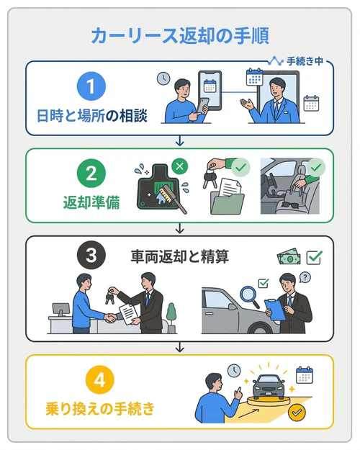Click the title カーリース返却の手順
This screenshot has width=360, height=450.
pos(180,35)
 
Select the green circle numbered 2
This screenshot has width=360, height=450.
pos(91,173)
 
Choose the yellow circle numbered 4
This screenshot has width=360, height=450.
pos(91,379)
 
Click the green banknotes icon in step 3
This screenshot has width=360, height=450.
pos(288,257)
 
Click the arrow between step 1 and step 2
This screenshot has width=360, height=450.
pos(180,141)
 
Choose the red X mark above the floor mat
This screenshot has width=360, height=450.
pos(180,166)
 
